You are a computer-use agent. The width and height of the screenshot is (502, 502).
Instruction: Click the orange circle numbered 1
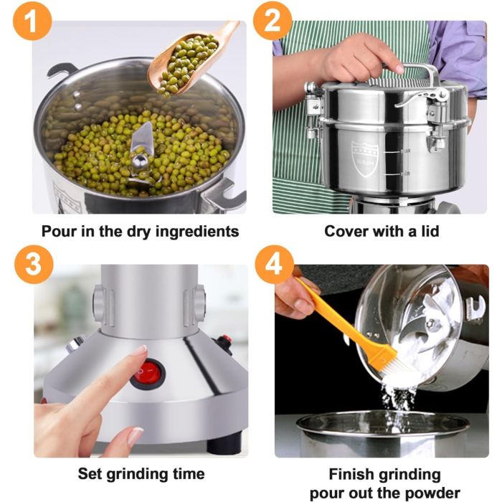(x=32, y=21)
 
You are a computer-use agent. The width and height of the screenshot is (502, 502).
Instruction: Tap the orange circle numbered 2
(x=273, y=21)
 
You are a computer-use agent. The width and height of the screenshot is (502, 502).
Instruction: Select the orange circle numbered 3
(x=34, y=265)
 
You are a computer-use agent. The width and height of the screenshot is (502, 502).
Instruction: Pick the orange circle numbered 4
(x=275, y=265)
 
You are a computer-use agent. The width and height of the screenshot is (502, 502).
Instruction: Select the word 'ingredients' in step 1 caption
(x=197, y=232)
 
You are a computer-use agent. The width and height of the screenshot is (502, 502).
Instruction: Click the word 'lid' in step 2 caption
(x=430, y=231)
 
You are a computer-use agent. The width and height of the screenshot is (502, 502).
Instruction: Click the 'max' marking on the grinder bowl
(x=405, y=151)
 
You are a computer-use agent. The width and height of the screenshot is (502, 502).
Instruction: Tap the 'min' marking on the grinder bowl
(x=404, y=174)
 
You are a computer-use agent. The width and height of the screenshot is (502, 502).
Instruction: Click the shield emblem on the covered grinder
(x=365, y=158)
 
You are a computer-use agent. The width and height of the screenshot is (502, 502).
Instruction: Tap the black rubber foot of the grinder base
(x=224, y=444)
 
